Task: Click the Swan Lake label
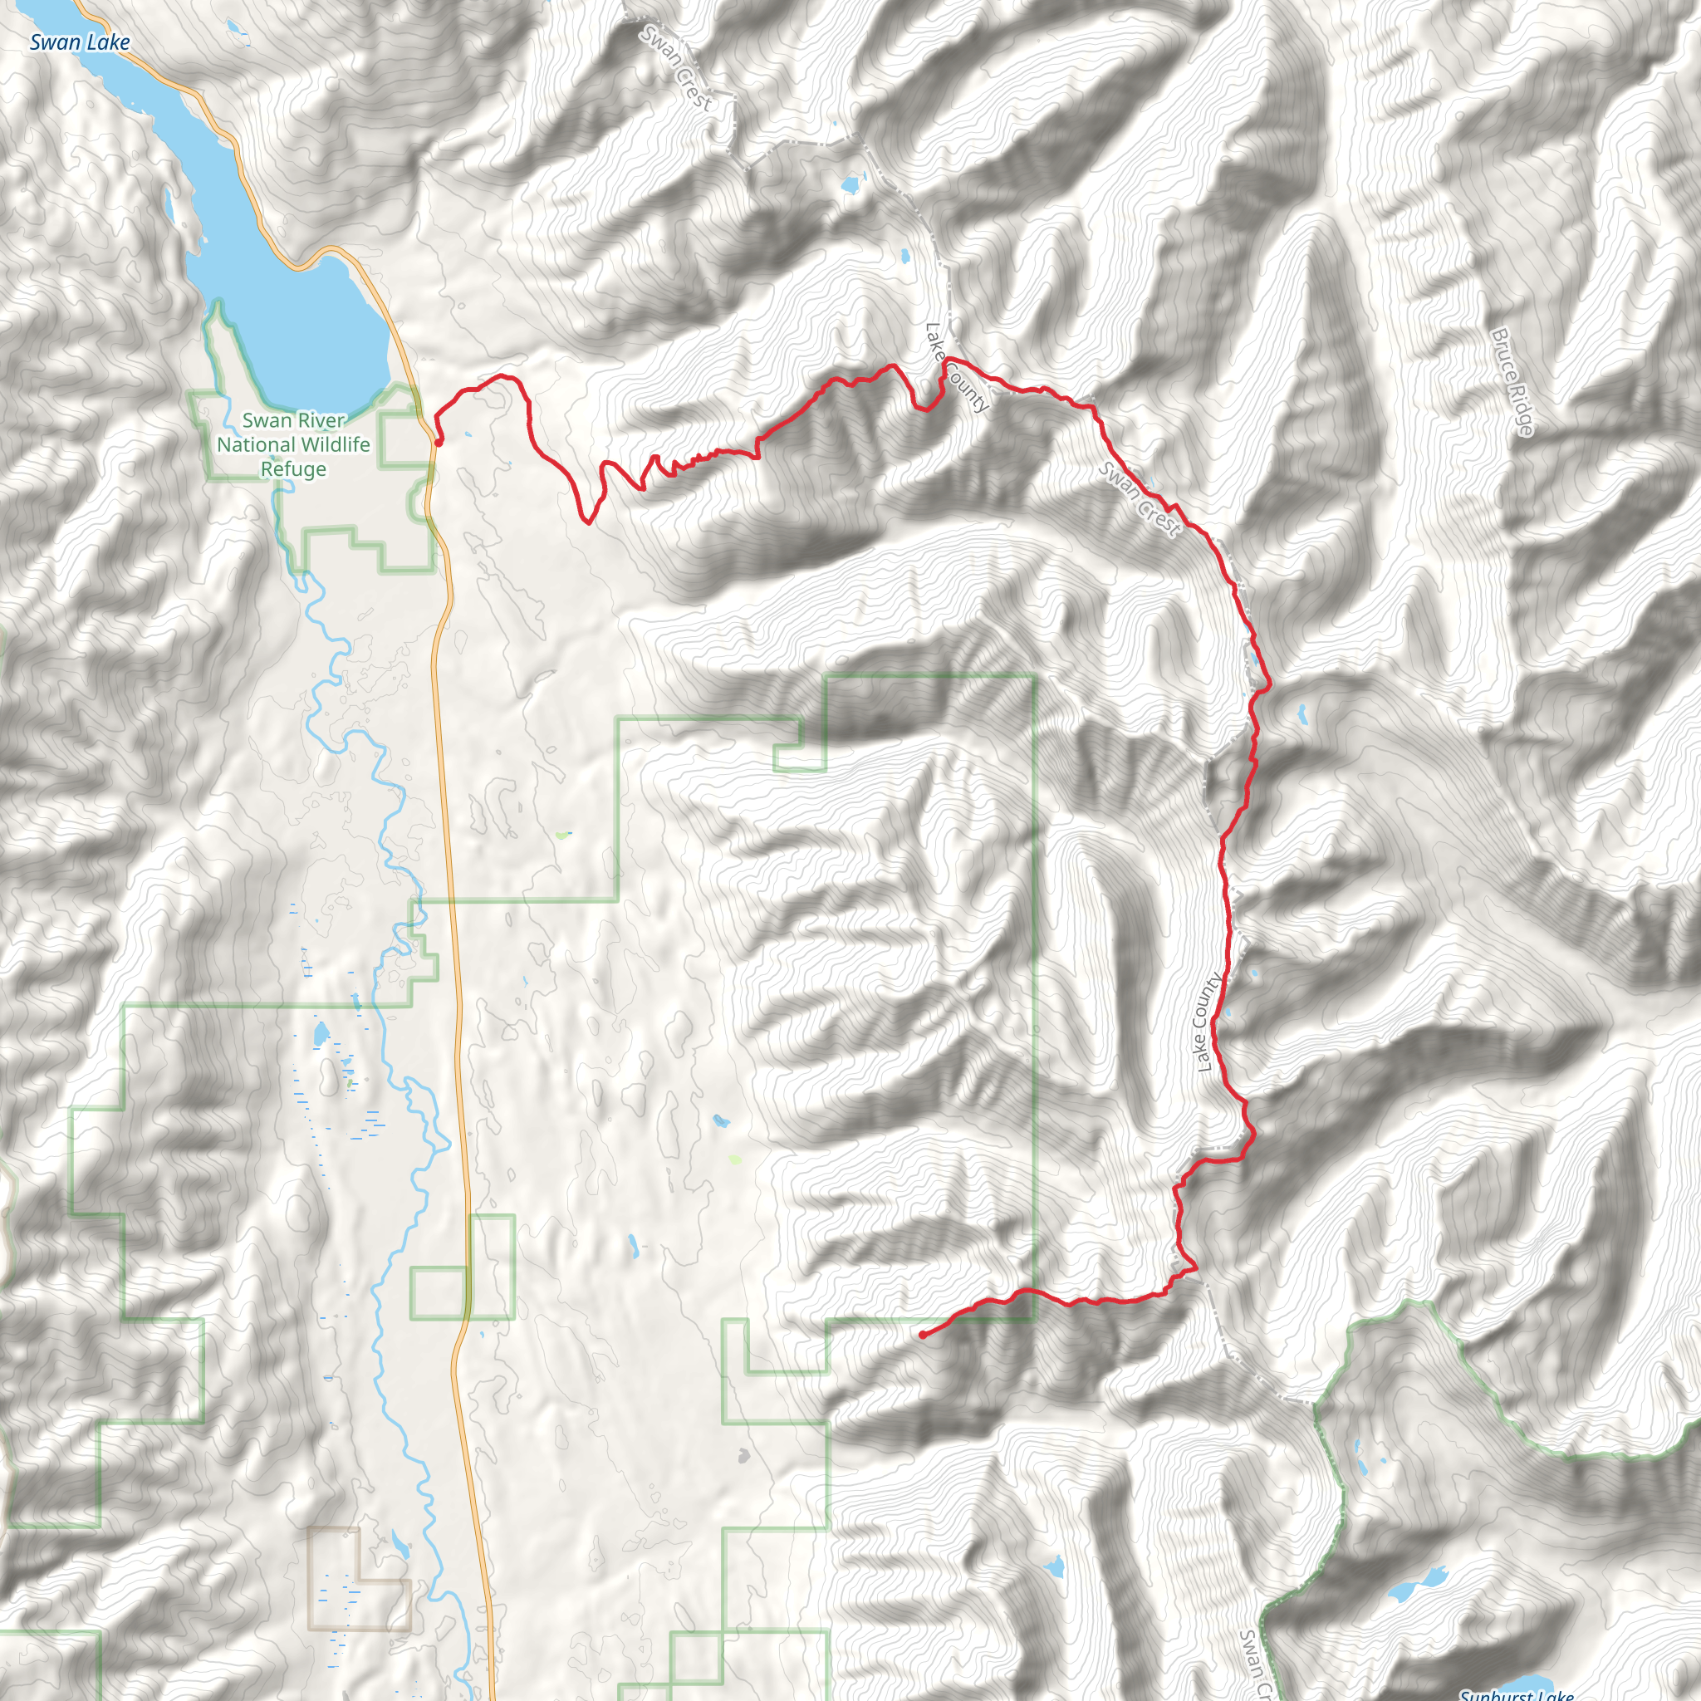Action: tap(79, 42)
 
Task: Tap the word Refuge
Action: tap(293, 469)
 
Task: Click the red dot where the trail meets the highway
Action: tap(438, 444)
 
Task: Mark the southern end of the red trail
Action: tap(922, 1336)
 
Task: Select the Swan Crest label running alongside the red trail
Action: tap(1139, 499)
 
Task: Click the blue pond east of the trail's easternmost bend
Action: tap(1301, 713)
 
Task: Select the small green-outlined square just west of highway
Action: tap(438, 1293)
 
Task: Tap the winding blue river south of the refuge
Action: tap(387, 792)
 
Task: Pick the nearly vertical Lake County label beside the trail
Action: tap(1208, 1022)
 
